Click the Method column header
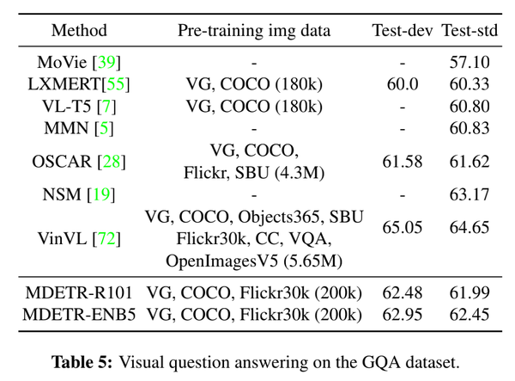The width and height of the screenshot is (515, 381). tap(79, 31)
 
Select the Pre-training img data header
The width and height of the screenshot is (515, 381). tap(253, 31)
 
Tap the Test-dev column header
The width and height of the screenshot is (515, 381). tap(402, 31)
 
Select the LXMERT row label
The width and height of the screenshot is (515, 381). tap(79, 84)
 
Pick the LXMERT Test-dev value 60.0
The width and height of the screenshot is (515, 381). tap(402, 84)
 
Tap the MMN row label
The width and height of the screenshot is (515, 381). tap(79, 128)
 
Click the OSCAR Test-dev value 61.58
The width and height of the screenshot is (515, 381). tap(402, 162)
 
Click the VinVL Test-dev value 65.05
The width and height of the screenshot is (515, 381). tap(402, 227)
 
